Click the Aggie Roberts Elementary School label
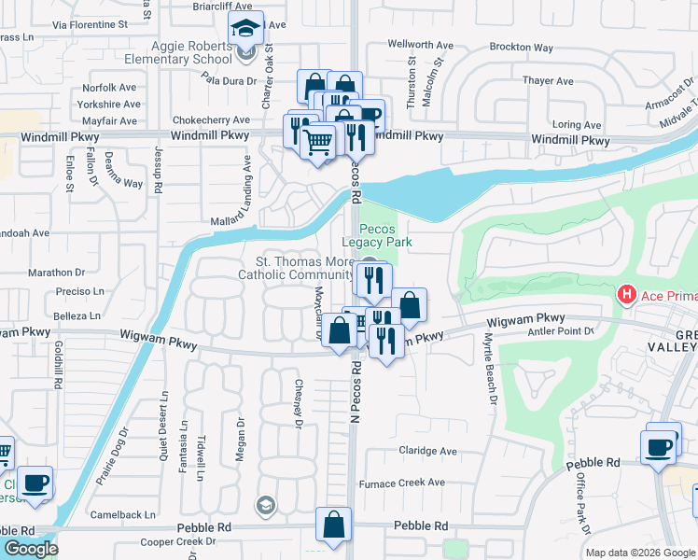click(188, 52)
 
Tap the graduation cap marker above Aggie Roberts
click(245, 28)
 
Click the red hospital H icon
click(626, 295)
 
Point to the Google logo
click(30, 548)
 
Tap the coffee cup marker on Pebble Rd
click(659, 446)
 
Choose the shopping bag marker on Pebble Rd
click(333, 525)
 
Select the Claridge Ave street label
click(427, 452)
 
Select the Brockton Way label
click(521, 48)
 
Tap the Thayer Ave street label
click(540, 81)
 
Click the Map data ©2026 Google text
click(639, 553)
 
